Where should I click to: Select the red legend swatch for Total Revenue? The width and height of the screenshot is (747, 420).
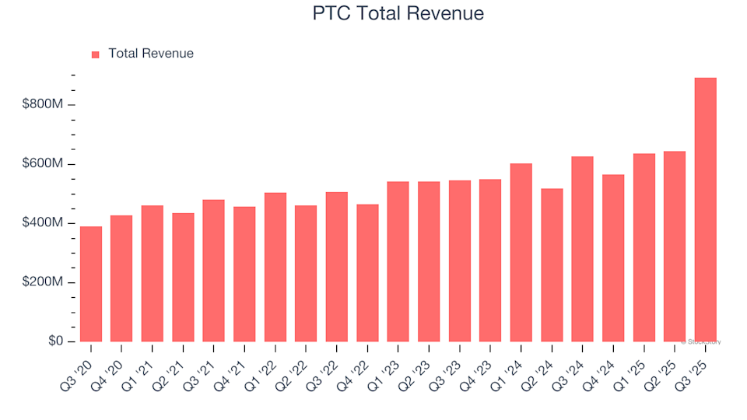pos(96,54)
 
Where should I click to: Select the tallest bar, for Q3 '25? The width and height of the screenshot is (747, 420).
pos(705,210)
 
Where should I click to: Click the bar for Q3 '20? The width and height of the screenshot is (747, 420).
pos(91,284)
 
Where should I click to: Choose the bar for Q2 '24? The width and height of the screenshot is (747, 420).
pos(552,265)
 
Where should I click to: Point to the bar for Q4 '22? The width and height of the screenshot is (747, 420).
pos(367,273)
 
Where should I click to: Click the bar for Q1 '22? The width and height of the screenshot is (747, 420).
pos(275,267)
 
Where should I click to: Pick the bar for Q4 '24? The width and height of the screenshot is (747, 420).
pos(613,258)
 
